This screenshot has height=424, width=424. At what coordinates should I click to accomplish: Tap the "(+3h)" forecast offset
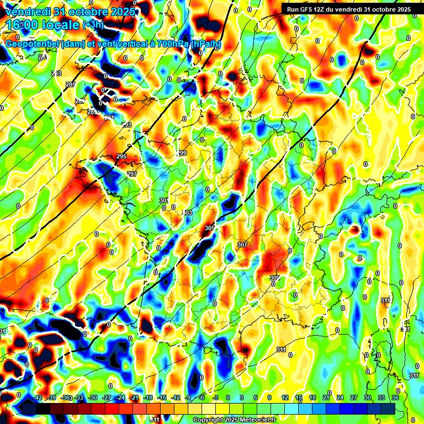(x=92, y=25)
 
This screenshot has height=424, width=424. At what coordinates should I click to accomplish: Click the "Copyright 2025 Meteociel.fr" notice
(x=234, y=420)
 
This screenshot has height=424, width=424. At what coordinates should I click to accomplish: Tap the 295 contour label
(x=122, y=157)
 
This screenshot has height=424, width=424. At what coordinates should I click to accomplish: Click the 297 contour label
(x=132, y=174)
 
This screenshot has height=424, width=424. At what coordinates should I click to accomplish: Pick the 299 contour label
(x=182, y=153)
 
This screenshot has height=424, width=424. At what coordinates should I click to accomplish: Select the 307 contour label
(x=242, y=244)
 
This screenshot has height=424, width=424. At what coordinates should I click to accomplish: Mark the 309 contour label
(x=274, y=278)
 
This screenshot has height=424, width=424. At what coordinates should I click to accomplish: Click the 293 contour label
(x=126, y=125)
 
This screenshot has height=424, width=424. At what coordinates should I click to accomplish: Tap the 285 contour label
(x=70, y=84)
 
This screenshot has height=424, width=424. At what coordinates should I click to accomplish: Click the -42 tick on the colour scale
(x=38, y=397)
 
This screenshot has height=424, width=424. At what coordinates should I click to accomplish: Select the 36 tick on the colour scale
(x=395, y=397)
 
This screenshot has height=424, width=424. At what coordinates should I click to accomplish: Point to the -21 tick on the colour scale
(x=134, y=397)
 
